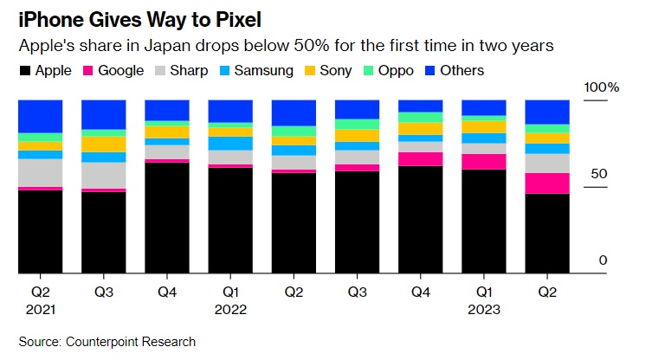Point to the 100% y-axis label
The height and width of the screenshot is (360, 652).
point(602,87)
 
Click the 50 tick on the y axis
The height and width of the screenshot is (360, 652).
point(599,174)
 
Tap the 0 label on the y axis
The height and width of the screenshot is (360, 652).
point(604,260)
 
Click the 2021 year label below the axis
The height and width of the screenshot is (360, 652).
point(41,309)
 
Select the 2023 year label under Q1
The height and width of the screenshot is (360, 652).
point(484,309)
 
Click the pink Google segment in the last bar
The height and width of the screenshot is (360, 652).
point(547,183)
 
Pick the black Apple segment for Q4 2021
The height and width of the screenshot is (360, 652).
point(167,217)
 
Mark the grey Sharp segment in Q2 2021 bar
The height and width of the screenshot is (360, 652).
point(41,172)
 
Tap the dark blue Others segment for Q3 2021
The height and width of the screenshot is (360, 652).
point(104,115)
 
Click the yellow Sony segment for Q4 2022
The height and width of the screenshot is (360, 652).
point(421,129)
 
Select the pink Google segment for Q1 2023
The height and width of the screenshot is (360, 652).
point(484,162)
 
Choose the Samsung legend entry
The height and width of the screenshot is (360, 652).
point(254,70)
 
